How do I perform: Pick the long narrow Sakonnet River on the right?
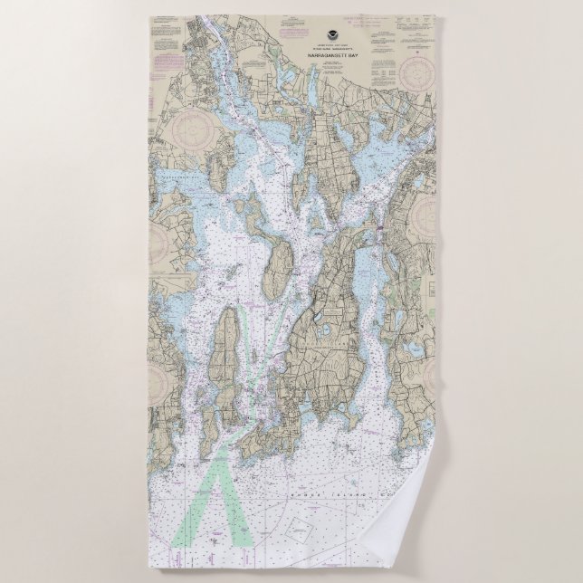tap(362, 290)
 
